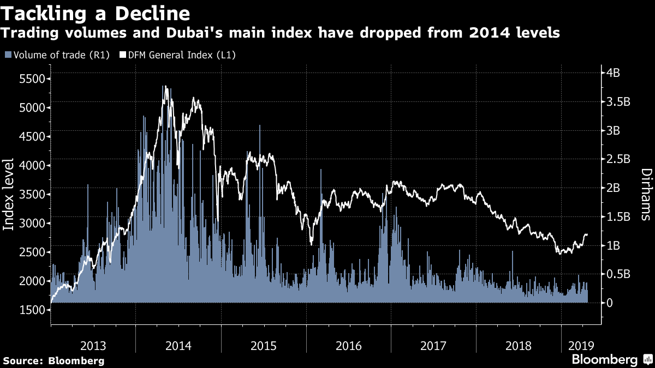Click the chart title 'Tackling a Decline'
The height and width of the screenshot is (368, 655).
click(96, 13)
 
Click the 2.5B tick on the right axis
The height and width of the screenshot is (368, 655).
click(619, 159)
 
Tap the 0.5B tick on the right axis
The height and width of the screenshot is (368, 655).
click(619, 274)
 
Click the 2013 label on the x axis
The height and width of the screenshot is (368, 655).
click(93, 345)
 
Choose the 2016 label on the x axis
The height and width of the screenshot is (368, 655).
click(349, 345)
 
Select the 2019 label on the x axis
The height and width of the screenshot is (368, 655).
click(580, 345)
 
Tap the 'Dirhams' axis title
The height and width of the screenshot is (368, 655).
click(645, 194)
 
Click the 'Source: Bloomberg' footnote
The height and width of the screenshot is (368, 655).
click(53, 360)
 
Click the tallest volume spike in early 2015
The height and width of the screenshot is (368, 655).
click(259, 126)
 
